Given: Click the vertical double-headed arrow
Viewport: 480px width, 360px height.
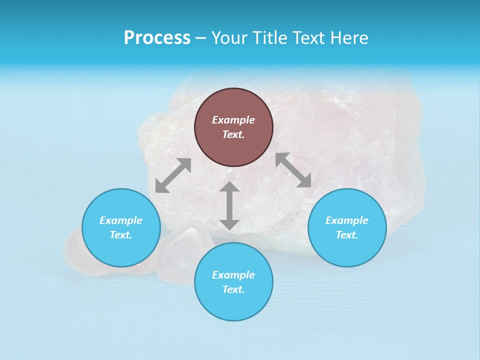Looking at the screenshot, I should tap(229, 205).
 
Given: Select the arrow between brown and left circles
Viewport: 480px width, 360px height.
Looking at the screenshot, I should tap(173, 175).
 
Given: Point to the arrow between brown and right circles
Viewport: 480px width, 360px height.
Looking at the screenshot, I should tap(293, 170).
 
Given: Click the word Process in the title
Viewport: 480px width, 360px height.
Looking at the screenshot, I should tap(157, 38).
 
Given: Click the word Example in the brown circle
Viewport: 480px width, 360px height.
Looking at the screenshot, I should tap(233, 120).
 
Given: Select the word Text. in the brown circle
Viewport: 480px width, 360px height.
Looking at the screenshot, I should tap(233, 134).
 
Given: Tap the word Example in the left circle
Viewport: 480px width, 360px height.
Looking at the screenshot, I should tap(121, 220).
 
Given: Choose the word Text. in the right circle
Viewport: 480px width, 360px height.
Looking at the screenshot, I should tap(347, 235).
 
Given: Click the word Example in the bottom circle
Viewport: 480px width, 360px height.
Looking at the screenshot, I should tap(233, 275).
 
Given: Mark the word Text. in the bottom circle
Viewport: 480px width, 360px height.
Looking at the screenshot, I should tap(233, 289).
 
